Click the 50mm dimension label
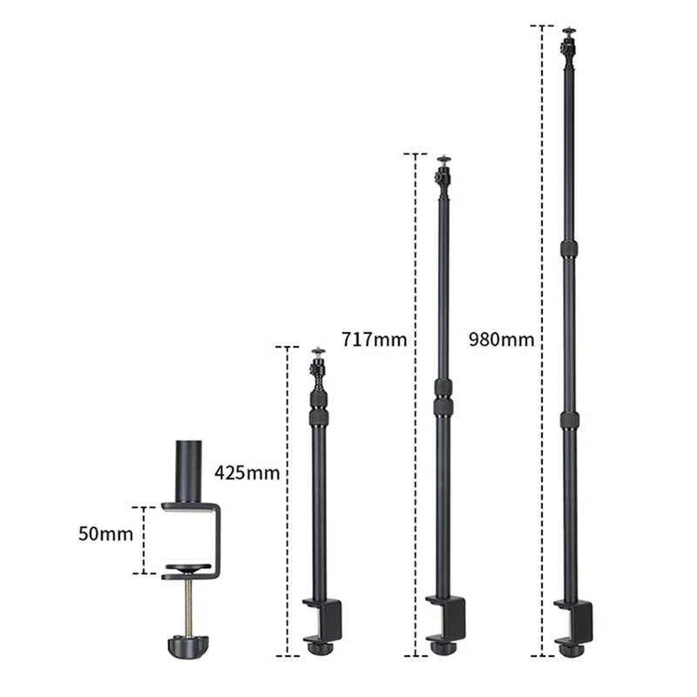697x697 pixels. click(105, 533)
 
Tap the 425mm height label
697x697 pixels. click(247, 472)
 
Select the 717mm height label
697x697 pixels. click(375, 340)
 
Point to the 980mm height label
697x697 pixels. click(502, 340)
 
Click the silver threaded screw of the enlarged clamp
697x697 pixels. click(189, 609)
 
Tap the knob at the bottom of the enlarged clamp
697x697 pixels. click(188, 647)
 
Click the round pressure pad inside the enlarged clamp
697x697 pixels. click(188, 567)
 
